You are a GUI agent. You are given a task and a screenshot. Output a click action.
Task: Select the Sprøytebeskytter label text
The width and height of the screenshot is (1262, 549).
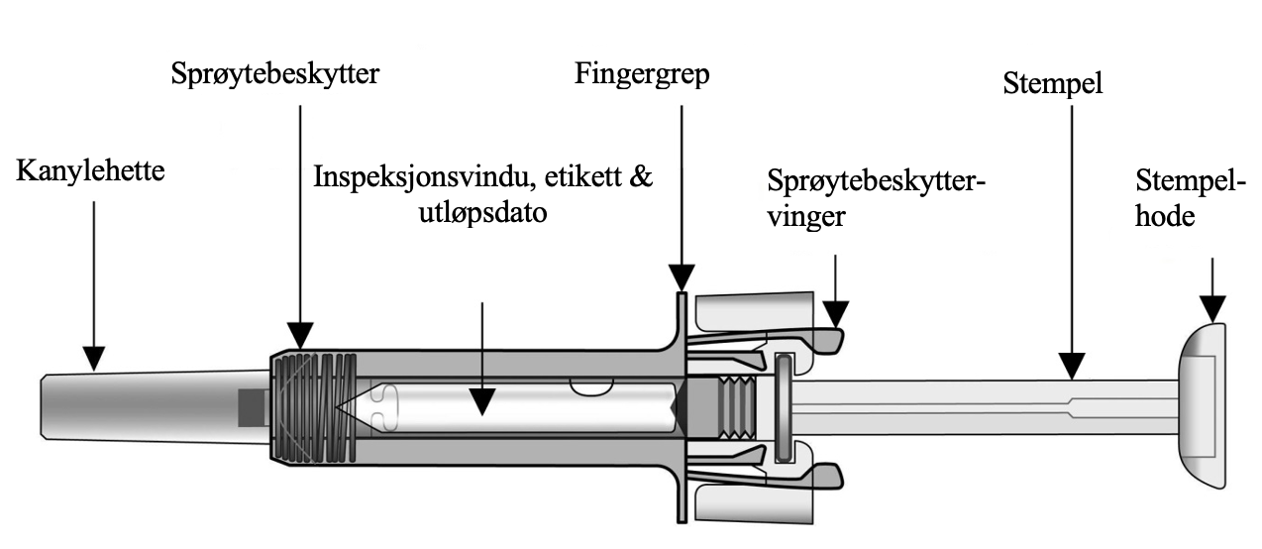click(275, 75)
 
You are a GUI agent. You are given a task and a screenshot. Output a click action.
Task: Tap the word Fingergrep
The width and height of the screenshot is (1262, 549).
click(642, 75)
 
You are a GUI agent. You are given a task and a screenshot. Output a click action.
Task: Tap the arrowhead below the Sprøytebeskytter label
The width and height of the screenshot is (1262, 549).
click(299, 337)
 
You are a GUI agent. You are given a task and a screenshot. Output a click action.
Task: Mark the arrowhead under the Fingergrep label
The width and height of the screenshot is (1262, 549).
click(682, 278)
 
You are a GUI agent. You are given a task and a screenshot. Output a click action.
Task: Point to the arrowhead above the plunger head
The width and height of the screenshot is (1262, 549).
click(1211, 307)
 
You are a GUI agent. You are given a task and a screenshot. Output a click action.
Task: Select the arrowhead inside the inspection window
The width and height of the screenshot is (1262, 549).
click(481, 400)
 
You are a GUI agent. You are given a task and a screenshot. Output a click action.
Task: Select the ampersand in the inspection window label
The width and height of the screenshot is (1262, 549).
click(641, 178)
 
